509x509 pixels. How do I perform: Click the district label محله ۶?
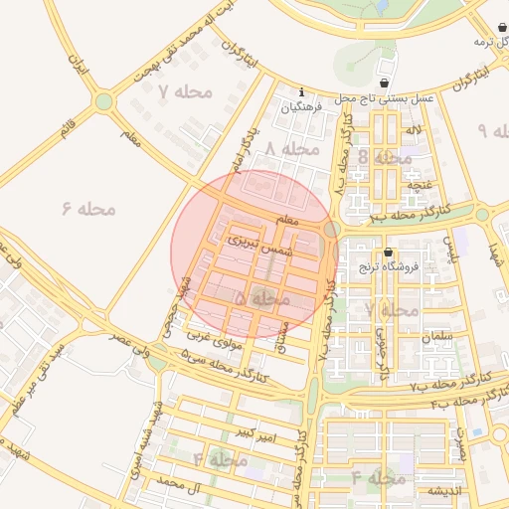click(x=88, y=209)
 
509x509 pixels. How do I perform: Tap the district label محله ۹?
click(x=494, y=131)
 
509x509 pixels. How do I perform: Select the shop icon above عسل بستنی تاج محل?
click(x=385, y=83)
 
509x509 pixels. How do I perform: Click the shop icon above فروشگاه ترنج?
click(x=388, y=253)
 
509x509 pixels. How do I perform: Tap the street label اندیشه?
click(x=442, y=492)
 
